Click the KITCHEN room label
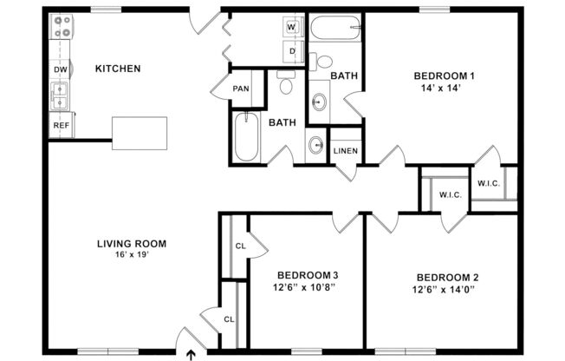[118, 69]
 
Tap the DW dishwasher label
[61, 69]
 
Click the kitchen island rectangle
[140, 131]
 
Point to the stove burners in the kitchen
[62, 28]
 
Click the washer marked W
[292, 28]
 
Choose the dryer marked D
[292, 51]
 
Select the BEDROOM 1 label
[443, 75]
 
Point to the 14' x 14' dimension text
[442, 88]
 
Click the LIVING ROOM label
[131, 243]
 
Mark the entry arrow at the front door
[192, 353]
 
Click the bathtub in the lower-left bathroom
[246, 138]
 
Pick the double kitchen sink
[61, 96]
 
